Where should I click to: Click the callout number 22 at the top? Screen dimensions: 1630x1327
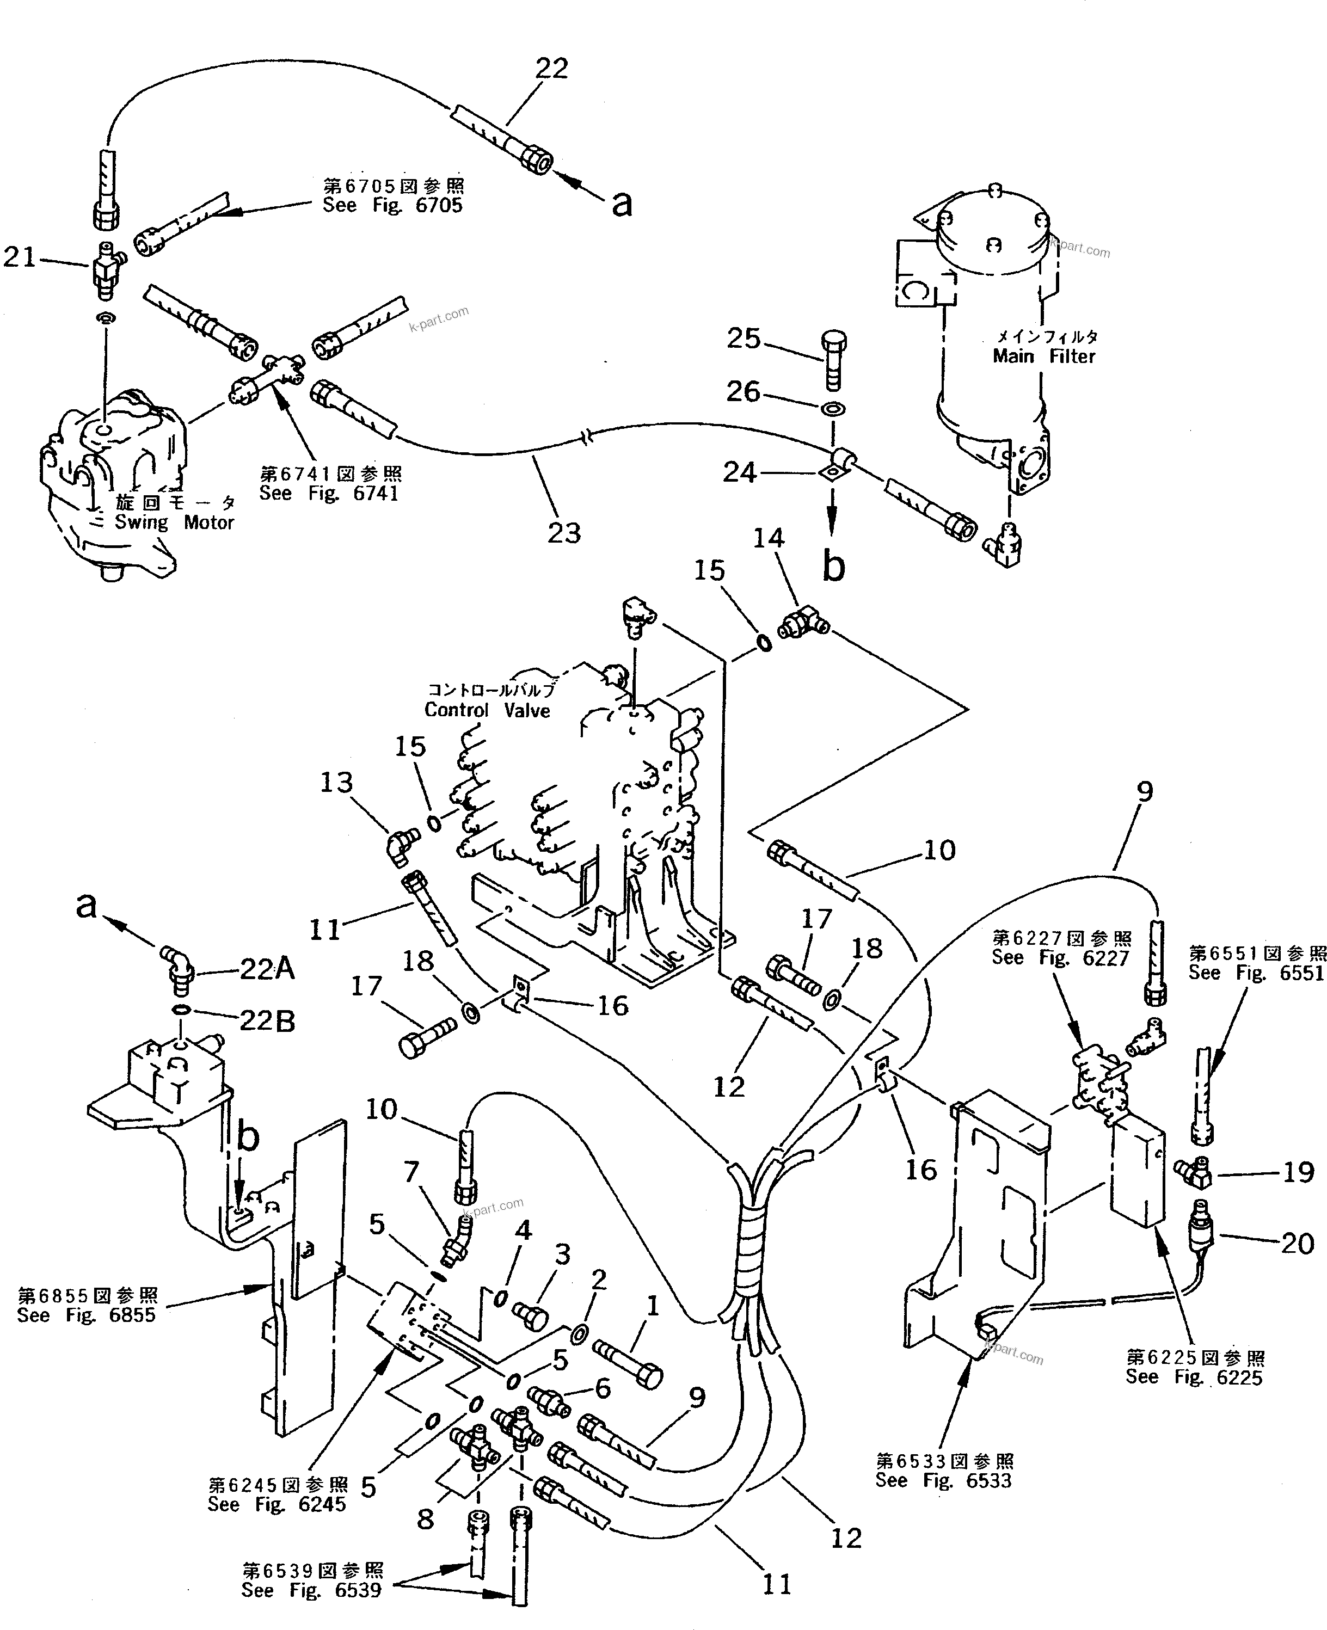click(551, 69)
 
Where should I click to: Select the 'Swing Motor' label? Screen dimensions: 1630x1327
click(174, 522)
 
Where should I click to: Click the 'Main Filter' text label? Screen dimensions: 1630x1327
click(1043, 356)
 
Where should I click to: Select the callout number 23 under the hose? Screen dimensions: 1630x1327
click(563, 533)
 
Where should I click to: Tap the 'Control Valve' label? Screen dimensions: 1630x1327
click(487, 710)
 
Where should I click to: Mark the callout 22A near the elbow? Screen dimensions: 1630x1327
click(267, 969)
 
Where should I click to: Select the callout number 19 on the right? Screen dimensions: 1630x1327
click(1297, 1172)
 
